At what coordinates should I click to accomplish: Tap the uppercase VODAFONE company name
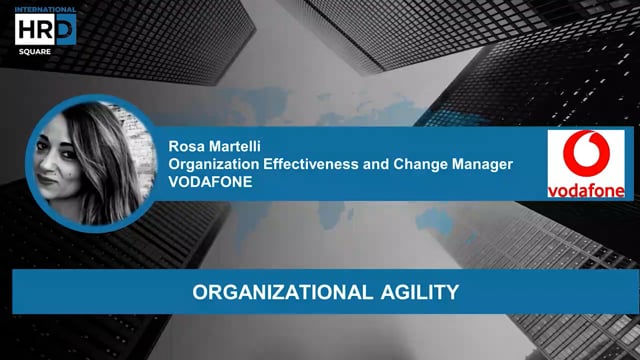pyautogui.click(x=210, y=182)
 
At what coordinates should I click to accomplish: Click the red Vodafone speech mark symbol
pyautogui.click(x=585, y=156)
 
